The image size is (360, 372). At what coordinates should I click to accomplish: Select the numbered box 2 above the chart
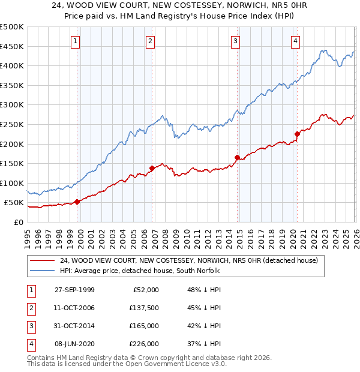[150, 41]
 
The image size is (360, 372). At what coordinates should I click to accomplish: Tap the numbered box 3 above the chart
[236, 41]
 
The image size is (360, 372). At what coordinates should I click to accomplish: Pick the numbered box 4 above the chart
[296, 41]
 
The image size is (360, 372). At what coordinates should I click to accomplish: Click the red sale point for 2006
[152, 169]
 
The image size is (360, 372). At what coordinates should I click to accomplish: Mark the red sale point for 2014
[237, 158]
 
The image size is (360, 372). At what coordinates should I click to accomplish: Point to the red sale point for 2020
[297, 134]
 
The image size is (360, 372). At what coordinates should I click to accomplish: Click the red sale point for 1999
[77, 202]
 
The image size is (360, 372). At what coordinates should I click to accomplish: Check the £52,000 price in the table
[145, 290]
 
